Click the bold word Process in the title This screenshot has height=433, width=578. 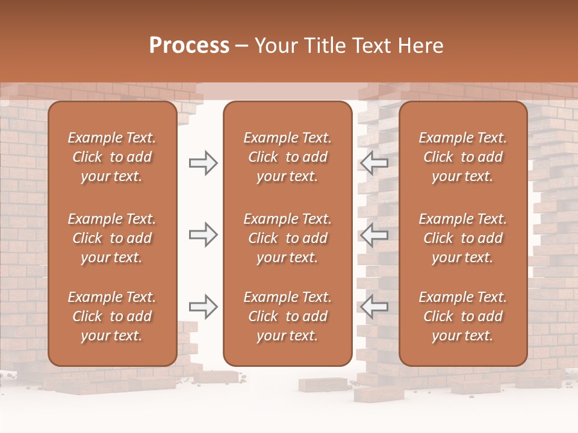[x=189, y=46]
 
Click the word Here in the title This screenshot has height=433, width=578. [x=419, y=46]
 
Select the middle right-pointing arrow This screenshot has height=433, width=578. [x=203, y=235]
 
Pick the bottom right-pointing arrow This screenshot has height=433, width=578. [x=203, y=307]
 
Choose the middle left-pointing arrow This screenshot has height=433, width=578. [x=374, y=235]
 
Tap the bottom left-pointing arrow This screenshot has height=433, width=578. [x=374, y=307]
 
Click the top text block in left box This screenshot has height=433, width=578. [x=112, y=157]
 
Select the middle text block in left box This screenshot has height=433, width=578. [x=112, y=238]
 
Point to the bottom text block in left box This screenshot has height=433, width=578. [x=112, y=316]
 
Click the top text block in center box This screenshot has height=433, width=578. [x=287, y=157]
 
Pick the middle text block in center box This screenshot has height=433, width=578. [x=287, y=238]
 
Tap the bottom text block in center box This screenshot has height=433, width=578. [x=287, y=316]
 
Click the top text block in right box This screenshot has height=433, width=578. [x=462, y=157]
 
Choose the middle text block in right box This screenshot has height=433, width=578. [x=462, y=238]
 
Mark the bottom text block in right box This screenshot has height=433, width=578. [x=462, y=316]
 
